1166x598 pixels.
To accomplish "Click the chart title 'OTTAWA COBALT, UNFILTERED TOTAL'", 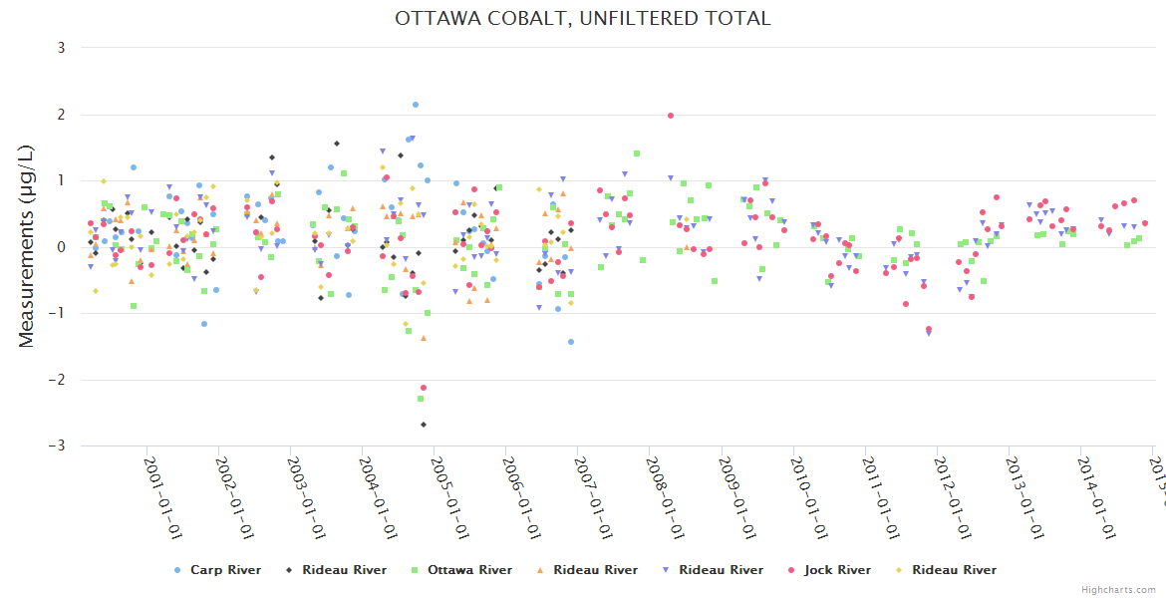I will click(x=583, y=19).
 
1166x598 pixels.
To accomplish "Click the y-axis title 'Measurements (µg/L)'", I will click(x=27, y=246).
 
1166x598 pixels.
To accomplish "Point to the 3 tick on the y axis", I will click(x=61, y=48).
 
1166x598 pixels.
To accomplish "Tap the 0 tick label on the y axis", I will click(x=61, y=247).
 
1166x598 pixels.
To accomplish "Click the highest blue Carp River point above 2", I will click(x=416, y=105).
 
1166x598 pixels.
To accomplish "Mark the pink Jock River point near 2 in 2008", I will click(x=671, y=116).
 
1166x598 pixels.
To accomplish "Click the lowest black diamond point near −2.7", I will click(x=424, y=425).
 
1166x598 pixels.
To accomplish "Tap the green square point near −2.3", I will click(x=421, y=399).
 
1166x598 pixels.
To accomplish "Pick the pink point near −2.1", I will click(x=424, y=388).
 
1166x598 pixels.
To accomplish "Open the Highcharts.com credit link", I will click(x=1118, y=590).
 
